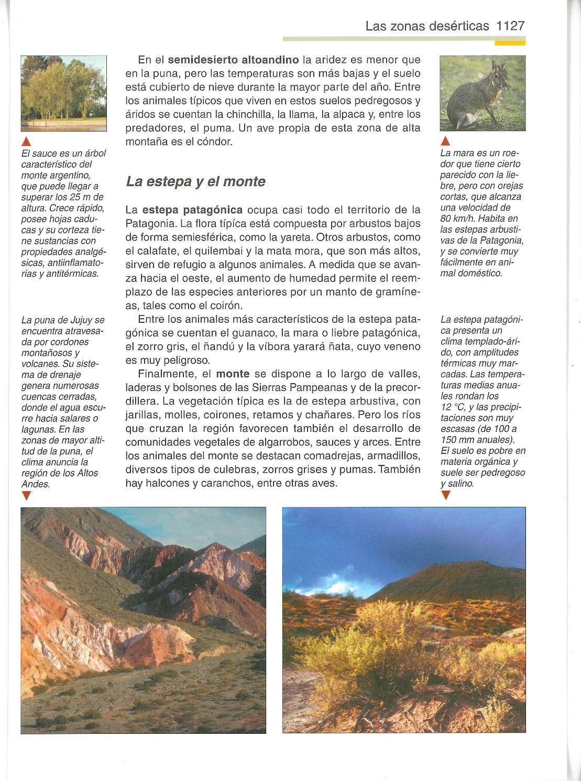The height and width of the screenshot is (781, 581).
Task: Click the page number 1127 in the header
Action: pos(510,26)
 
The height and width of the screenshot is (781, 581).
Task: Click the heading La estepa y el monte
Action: pos(195,181)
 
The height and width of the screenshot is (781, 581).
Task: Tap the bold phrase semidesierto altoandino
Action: pos(233,60)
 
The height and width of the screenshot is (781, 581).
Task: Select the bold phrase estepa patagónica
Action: pos(192,210)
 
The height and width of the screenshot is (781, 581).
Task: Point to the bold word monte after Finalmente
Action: pos(233,374)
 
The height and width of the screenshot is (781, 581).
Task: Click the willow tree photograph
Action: pos(63,93)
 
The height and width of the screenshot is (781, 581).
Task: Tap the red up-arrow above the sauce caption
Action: pos(27,141)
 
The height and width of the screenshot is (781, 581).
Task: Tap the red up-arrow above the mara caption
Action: pos(445,141)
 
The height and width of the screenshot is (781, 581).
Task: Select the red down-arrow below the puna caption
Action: pos(27,496)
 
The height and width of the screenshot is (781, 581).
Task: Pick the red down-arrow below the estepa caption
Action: pos(445,495)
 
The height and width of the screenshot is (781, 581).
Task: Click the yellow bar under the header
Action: pos(509,43)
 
